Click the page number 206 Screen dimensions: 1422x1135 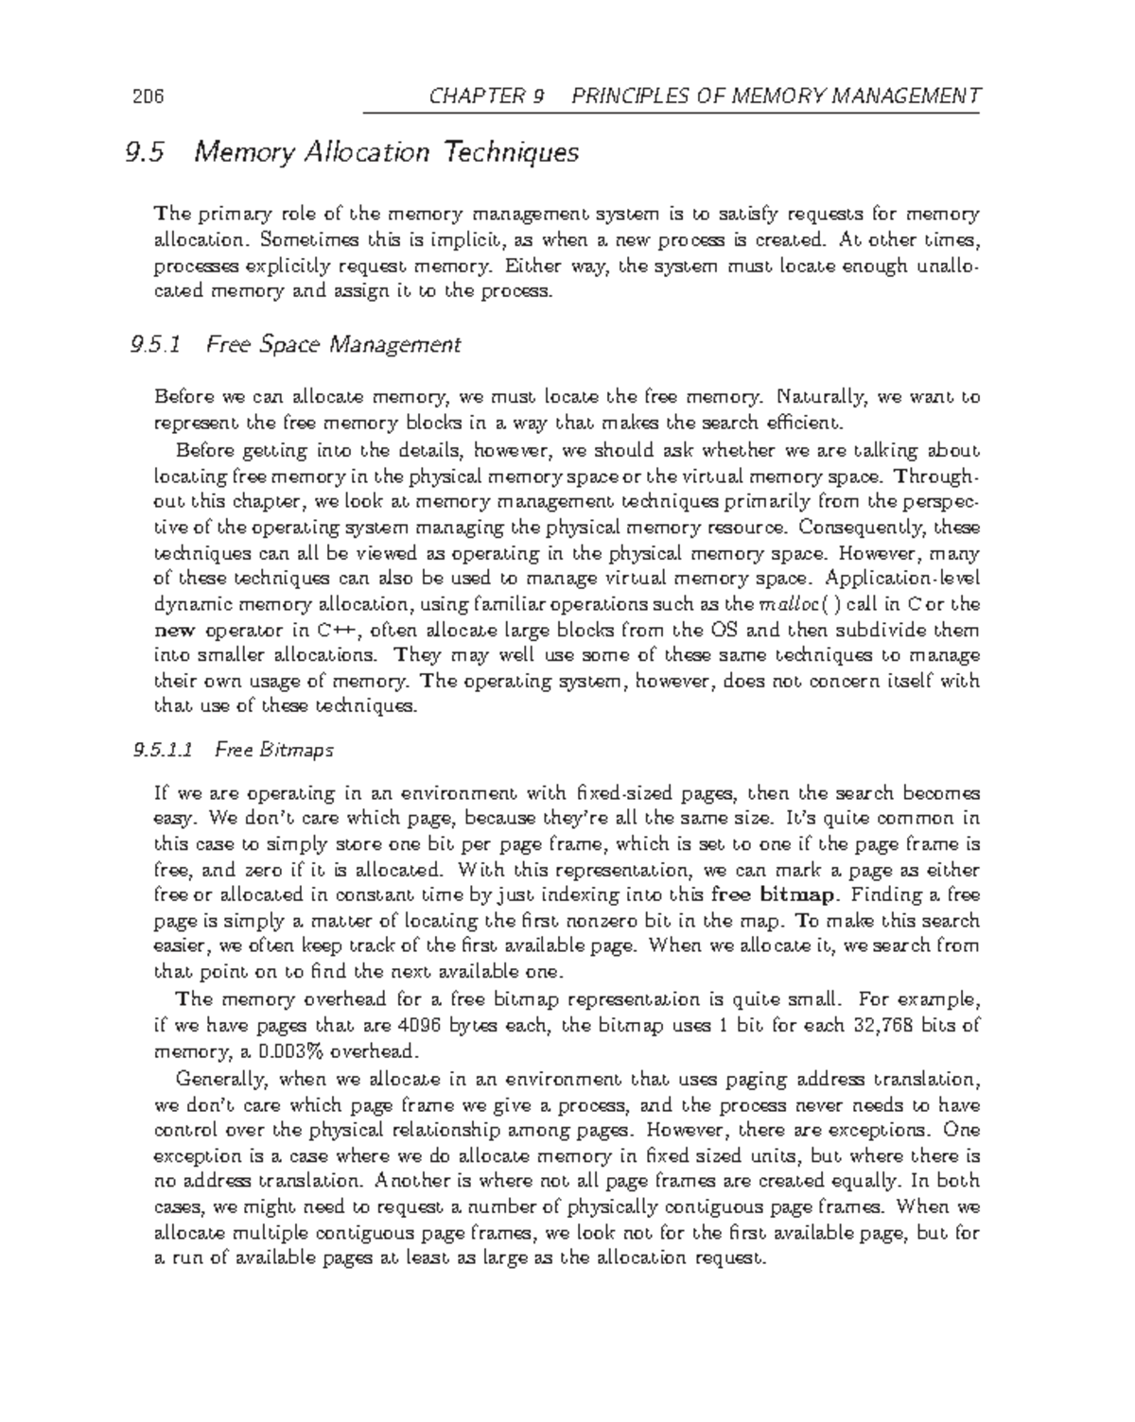(149, 96)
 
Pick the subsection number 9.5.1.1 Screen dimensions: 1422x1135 (164, 751)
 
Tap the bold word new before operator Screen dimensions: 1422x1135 (171, 631)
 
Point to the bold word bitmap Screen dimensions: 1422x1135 (804, 895)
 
